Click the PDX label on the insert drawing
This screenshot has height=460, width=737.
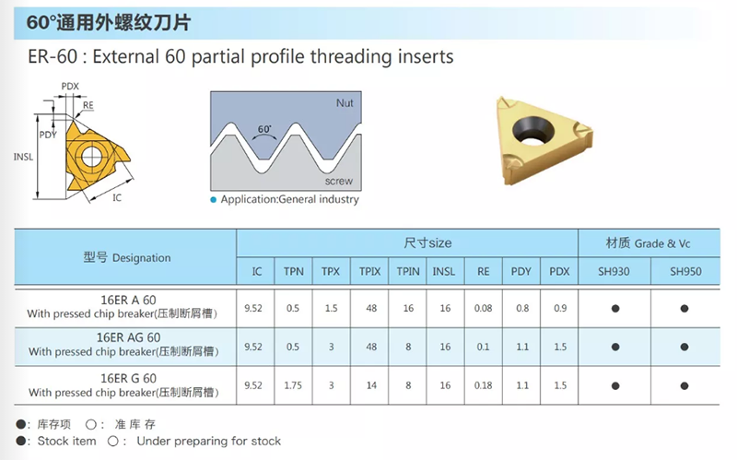tap(70, 86)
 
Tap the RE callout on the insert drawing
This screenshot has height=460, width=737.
tap(88, 105)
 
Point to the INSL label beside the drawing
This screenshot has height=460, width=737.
tap(24, 157)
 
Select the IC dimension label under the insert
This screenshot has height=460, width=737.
tap(117, 198)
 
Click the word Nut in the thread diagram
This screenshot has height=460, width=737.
tap(345, 103)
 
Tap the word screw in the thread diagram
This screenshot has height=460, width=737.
tap(338, 181)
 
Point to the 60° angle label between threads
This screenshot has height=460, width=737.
tap(264, 129)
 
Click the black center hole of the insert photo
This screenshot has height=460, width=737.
tap(532, 129)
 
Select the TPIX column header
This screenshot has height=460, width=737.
tap(370, 271)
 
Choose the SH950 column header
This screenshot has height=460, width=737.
tap(685, 271)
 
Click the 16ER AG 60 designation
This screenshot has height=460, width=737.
tap(128, 337)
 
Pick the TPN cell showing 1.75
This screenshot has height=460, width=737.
tap(293, 385)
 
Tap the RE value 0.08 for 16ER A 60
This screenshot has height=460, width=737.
tap(483, 309)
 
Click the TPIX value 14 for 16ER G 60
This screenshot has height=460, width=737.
tap(371, 385)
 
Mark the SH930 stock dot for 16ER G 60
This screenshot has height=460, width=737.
tap(615, 386)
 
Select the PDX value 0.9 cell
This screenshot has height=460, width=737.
tap(560, 309)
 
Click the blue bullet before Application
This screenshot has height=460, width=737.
tap(214, 200)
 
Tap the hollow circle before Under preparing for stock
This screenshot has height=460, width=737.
tap(112, 442)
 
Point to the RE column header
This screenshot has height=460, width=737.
tap(483, 271)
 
